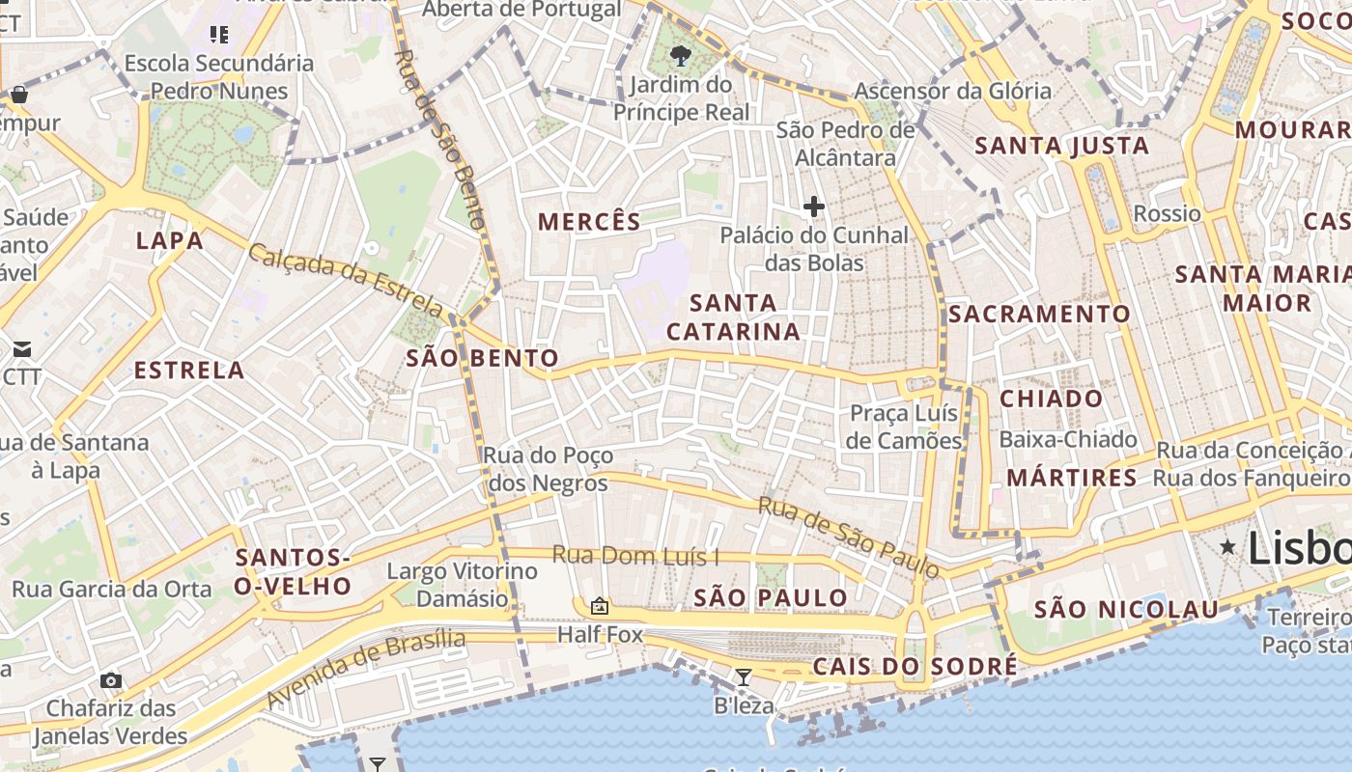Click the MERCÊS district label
point(589,222)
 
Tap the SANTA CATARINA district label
point(734,317)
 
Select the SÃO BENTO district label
point(482,359)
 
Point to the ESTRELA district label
point(189,371)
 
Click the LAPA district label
point(170,240)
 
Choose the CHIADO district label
point(1051,399)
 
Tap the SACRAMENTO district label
point(1039,315)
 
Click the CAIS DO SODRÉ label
point(915,667)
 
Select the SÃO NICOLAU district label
point(1127,610)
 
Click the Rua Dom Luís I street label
point(636,556)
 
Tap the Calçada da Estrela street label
point(346,282)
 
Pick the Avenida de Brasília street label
point(366,668)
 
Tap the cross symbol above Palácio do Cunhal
point(814,206)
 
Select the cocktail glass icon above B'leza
point(743,677)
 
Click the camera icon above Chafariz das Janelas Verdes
point(111,680)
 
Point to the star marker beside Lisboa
point(1227,547)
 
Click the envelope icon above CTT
point(22,348)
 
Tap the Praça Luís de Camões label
point(905,427)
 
